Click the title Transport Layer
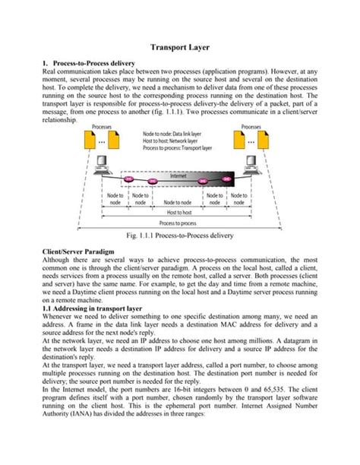[179, 46]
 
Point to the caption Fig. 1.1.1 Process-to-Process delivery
[180, 236]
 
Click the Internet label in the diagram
[178, 176]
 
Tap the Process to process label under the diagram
[179, 223]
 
